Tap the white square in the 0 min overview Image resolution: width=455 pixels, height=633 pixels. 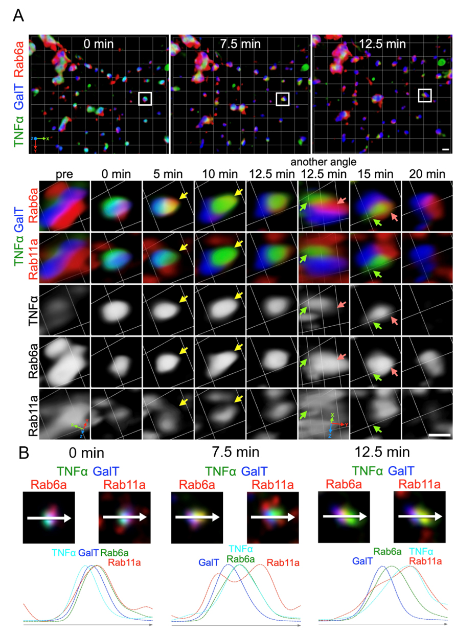coord(145,98)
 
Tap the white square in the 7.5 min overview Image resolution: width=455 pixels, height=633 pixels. coord(283,99)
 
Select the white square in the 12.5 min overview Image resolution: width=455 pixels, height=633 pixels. coord(425,95)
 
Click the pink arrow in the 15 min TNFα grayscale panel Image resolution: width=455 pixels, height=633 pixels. coord(393,321)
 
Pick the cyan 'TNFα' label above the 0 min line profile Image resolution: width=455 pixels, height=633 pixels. coord(63,552)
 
